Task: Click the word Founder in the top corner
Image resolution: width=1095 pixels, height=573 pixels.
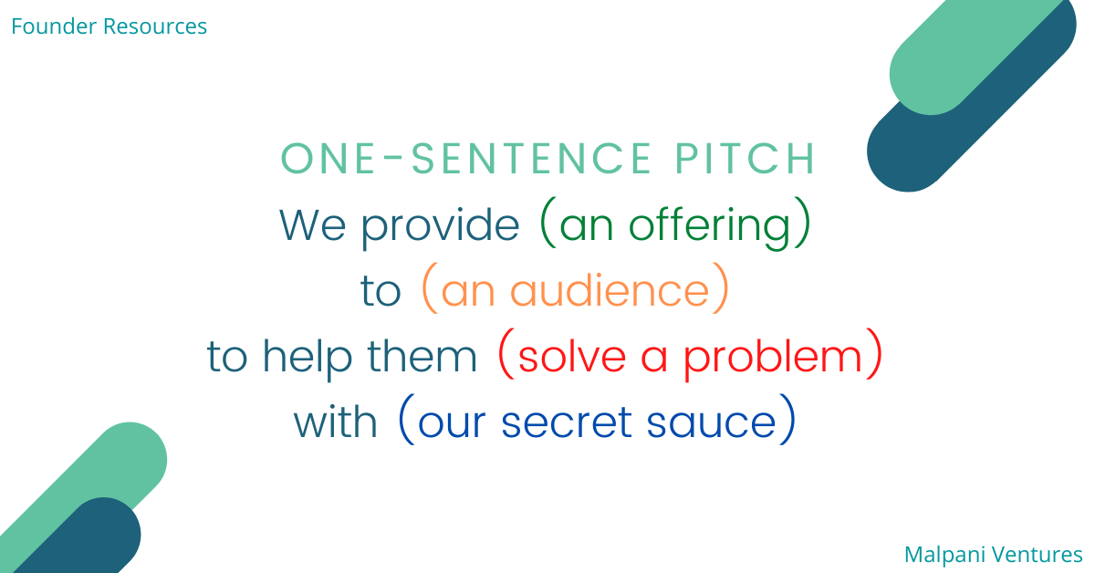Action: [x=54, y=26]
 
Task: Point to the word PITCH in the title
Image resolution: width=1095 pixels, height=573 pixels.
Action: [x=745, y=158]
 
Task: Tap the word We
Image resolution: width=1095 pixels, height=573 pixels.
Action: [x=312, y=224]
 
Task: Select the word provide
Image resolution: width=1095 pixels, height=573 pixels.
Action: [x=441, y=227]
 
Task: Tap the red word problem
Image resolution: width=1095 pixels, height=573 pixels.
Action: [x=772, y=358]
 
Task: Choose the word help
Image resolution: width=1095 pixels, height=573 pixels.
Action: [x=308, y=358]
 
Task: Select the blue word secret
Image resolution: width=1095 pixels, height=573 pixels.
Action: [x=567, y=422]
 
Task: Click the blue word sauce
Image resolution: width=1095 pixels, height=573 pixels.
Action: [x=711, y=423]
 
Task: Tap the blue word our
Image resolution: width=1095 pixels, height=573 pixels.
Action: [x=452, y=423]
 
